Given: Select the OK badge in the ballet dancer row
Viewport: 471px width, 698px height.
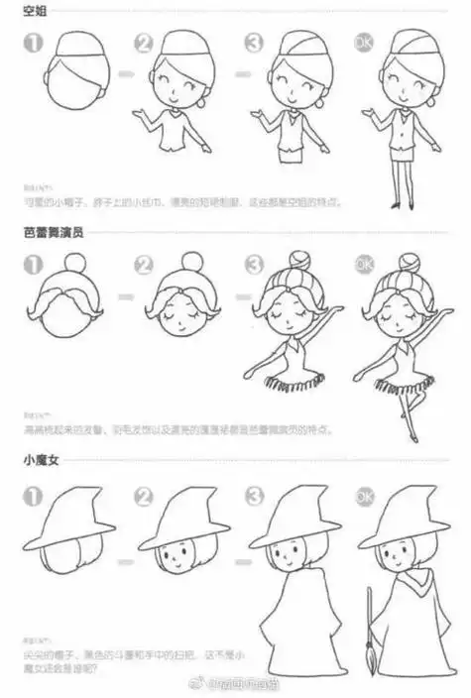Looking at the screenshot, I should pos(364,265).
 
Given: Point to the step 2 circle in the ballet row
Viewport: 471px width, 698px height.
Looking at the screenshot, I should pos(145,266).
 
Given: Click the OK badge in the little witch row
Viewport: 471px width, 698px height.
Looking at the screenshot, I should pos(364,494).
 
